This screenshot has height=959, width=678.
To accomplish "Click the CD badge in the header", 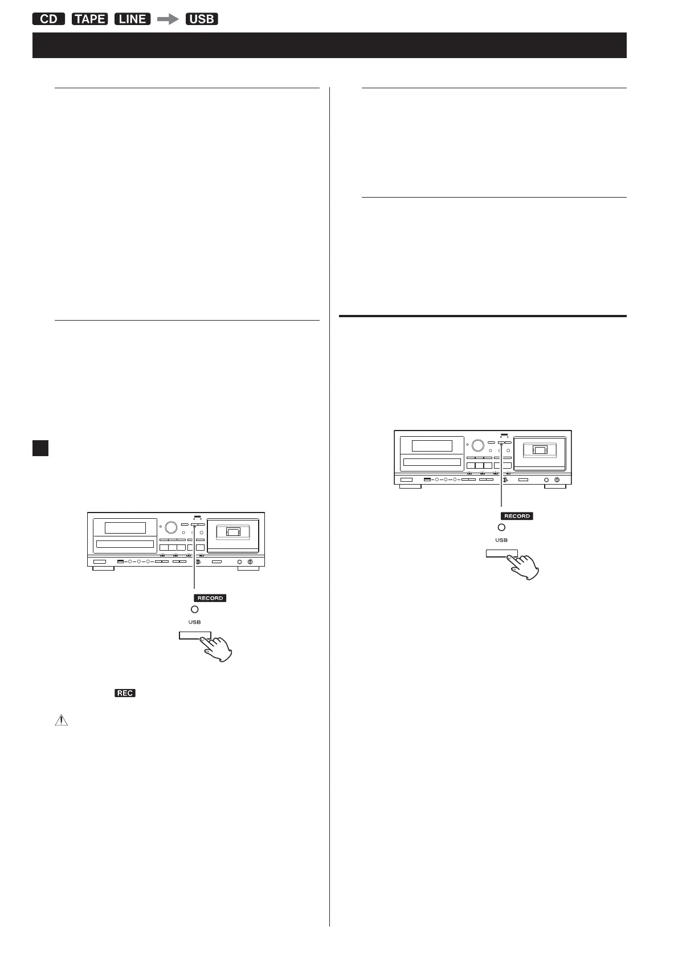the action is pyautogui.click(x=49, y=19).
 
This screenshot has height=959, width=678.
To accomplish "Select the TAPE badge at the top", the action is pyautogui.click(x=90, y=19).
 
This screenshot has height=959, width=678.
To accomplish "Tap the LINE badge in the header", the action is pyautogui.click(x=132, y=19).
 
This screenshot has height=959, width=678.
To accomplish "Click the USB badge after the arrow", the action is pyautogui.click(x=202, y=19).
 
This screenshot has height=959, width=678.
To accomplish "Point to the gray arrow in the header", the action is pyautogui.click(x=168, y=19).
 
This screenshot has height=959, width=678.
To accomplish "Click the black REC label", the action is pyautogui.click(x=125, y=693).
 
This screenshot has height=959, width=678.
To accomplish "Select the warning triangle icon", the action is pyautogui.click(x=61, y=720).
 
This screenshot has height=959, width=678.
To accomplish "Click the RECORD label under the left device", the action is pyautogui.click(x=210, y=598).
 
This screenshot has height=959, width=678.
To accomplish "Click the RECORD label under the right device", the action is pyautogui.click(x=517, y=516).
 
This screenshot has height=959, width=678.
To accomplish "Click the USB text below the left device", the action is pyautogui.click(x=195, y=622).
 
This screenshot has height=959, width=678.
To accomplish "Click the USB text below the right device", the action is pyautogui.click(x=501, y=540).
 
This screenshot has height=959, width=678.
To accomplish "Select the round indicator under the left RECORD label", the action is pyautogui.click(x=195, y=609).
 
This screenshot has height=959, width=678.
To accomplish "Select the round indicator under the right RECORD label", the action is pyautogui.click(x=501, y=527).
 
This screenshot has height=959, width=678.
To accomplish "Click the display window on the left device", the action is pyautogui.click(x=125, y=527).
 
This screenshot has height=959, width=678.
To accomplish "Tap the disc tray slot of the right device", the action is pyautogui.click(x=432, y=462).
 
